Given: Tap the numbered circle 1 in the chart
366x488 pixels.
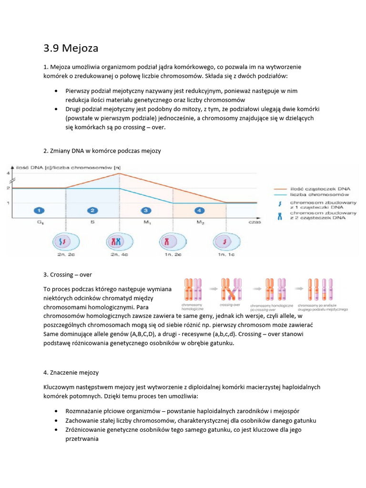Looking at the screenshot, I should pyautogui.click(x=40, y=210).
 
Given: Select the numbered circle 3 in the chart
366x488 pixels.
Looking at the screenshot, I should pyautogui.click(x=146, y=210).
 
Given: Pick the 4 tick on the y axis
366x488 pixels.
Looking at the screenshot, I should pyautogui.click(x=8, y=173).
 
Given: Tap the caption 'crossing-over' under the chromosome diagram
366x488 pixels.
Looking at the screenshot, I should pyautogui.click(x=230, y=305).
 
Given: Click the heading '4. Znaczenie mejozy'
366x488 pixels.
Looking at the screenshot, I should pyautogui.click(x=71, y=372).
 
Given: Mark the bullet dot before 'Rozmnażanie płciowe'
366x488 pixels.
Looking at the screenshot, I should pyautogui.click(x=56, y=411).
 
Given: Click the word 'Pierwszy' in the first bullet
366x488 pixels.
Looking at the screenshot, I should pyautogui.click(x=78, y=90).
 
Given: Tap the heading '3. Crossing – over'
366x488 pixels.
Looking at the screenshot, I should pyautogui.click(x=67, y=274).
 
